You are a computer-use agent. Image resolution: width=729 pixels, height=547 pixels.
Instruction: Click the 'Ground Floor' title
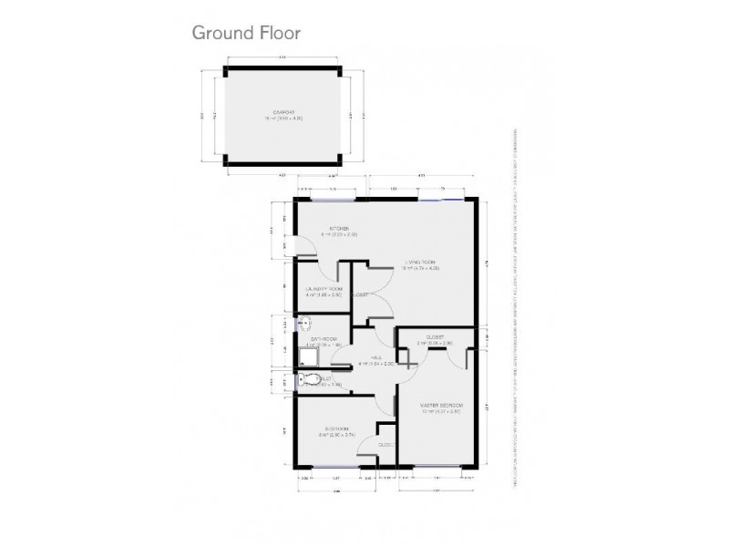point(245,32)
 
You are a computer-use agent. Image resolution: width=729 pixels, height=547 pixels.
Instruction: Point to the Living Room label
point(422,264)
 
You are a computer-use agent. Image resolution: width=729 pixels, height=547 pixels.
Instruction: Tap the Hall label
point(375,360)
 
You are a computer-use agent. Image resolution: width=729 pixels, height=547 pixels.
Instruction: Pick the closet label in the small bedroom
point(386,445)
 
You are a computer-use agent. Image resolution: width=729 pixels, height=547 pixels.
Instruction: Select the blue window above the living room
point(445,199)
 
